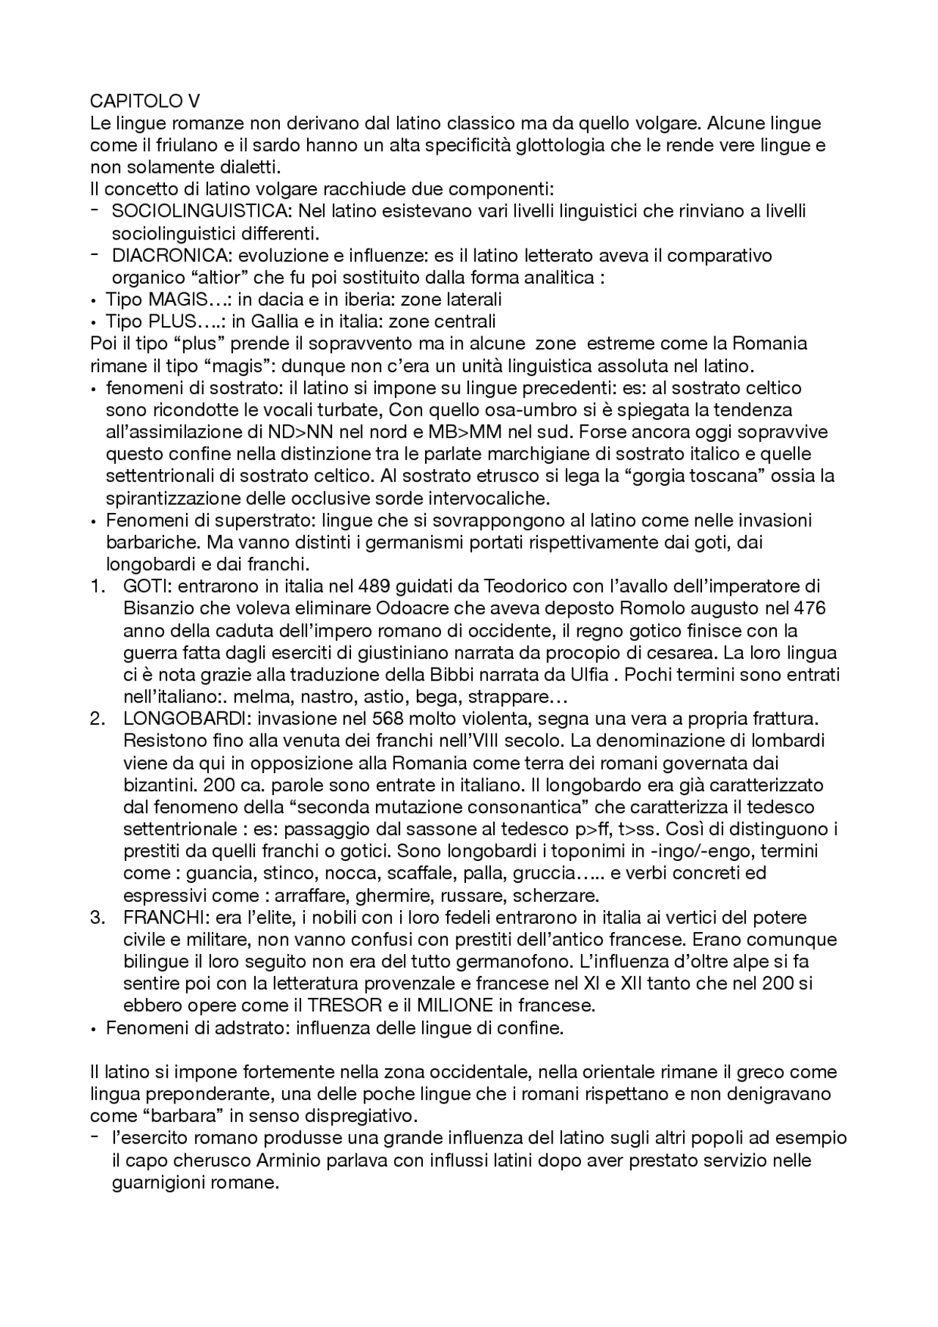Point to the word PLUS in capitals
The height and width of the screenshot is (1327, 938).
click(x=172, y=321)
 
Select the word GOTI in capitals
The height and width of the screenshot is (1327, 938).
click(x=145, y=586)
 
